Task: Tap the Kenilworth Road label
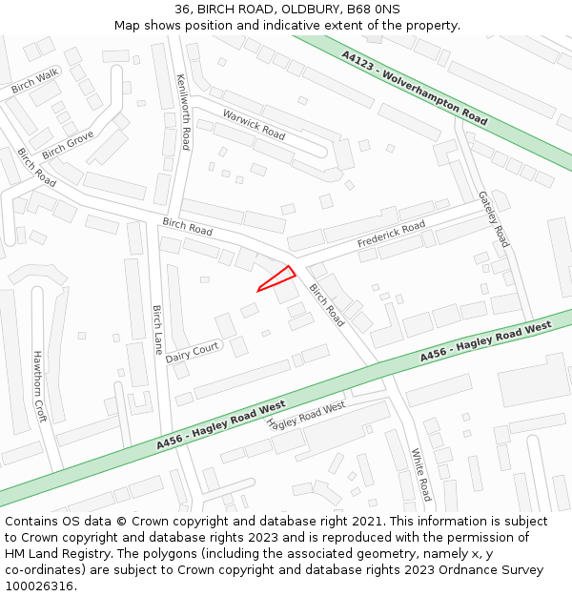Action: [x=183, y=113]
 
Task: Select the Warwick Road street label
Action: [x=254, y=124]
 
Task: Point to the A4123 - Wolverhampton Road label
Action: [x=415, y=89]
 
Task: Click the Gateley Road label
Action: [x=494, y=218]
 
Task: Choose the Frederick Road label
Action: [x=391, y=235]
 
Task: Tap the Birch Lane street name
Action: [x=157, y=329]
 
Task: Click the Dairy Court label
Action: [x=192, y=353]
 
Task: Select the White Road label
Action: [x=420, y=474]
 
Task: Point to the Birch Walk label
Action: [x=35, y=81]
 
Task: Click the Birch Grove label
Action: [x=68, y=146]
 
